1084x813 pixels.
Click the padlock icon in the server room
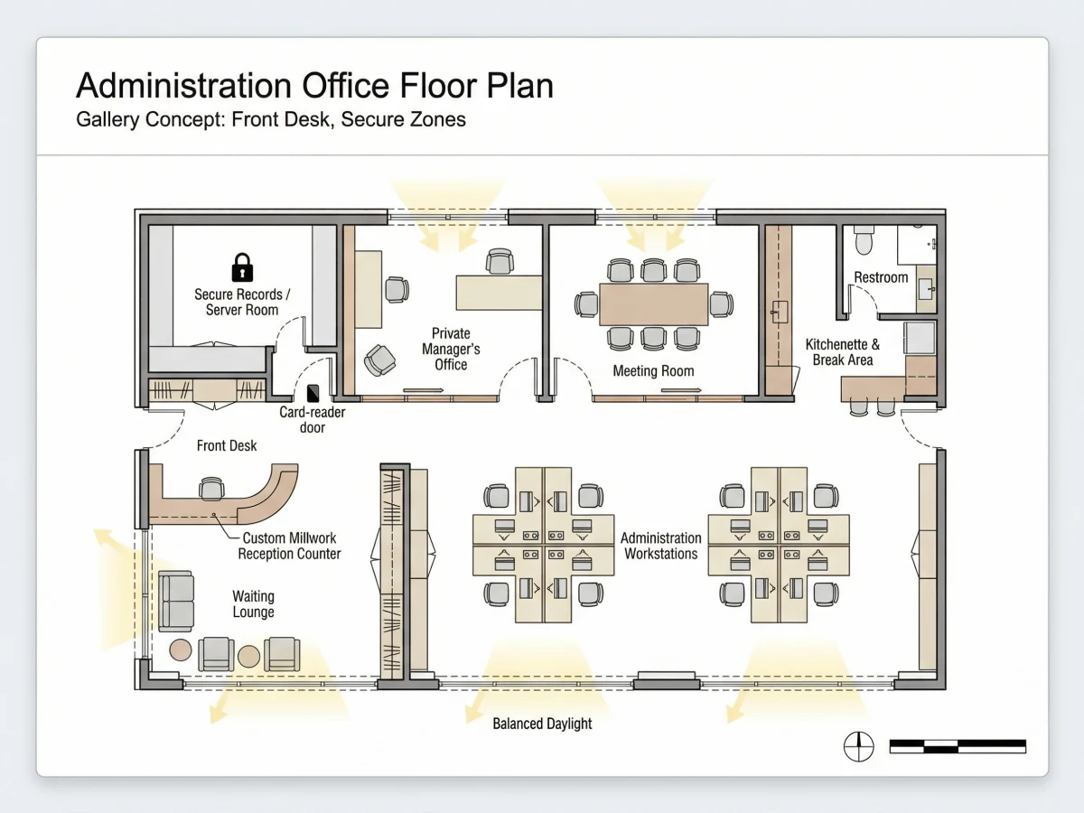pos(242,267)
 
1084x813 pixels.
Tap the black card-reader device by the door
pos(313,394)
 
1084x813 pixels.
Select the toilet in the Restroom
pos(864,240)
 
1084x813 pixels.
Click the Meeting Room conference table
pos(653,304)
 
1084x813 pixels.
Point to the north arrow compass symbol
pos(858,746)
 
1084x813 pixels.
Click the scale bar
pos(958,746)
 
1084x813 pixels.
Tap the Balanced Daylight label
pos(542,724)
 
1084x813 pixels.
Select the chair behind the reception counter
pos(211,489)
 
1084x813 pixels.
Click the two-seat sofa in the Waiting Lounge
pos(176,602)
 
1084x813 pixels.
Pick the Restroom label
pos(881,277)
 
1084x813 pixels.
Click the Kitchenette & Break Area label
pos(843,352)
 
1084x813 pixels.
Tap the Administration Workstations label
pos(660,546)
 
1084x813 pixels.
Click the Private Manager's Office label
pos(451,349)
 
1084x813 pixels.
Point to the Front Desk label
pos(227,445)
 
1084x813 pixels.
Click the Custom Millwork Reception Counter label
pos(289,546)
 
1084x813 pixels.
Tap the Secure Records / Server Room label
pos(242,302)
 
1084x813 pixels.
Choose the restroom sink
pos(926,289)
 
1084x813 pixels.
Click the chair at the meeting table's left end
pos(586,304)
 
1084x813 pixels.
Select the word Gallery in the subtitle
pos(107,119)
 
